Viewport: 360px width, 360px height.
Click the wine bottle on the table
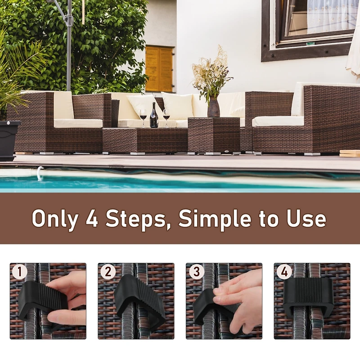click(154, 116)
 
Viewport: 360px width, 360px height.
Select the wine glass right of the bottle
click(166, 116)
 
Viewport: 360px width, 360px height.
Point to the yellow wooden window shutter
click(159, 69)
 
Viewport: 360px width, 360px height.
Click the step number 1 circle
click(19, 272)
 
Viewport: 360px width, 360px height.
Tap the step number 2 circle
click(108, 272)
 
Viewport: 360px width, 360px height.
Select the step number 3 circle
click(195, 272)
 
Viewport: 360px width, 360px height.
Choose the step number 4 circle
click(283, 272)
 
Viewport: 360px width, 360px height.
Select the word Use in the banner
click(306, 219)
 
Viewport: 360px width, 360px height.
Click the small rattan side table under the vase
click(214, 135)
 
